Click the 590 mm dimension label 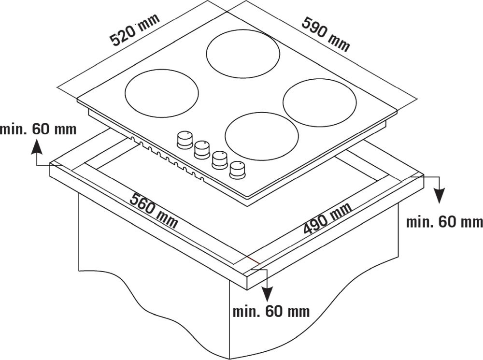326,34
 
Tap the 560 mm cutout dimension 154,211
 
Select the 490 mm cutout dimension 327,218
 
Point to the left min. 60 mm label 38,129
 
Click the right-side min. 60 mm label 444,222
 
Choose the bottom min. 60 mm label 271,312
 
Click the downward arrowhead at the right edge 440,196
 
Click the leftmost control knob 185,140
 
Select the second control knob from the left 202,150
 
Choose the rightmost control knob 237,170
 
